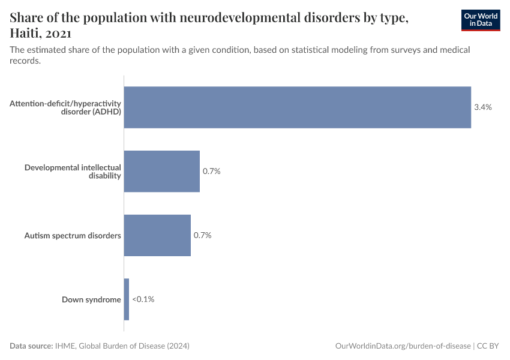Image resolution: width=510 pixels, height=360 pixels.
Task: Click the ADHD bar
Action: (297, 107)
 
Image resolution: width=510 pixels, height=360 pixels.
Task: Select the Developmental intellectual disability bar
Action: (161, 171)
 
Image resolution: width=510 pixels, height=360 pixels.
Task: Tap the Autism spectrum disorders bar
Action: (157, 235)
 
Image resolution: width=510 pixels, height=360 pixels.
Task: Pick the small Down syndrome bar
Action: (127, 299)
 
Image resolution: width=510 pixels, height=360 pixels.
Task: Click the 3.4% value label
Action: (483, 107)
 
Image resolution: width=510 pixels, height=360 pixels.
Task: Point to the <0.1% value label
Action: (143, 299)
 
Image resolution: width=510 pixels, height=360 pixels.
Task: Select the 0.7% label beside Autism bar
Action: (203, 235)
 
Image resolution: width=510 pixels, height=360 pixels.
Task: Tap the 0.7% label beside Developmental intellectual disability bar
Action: (212, 171)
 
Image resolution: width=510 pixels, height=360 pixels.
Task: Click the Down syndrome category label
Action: (91, 299)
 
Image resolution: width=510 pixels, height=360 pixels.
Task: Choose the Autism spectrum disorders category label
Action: (73, 235)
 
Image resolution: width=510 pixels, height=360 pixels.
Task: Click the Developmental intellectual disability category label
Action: (73, 171)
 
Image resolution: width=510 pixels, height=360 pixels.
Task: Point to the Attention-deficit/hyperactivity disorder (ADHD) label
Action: (65, 107)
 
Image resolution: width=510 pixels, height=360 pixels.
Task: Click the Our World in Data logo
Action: (480, 20)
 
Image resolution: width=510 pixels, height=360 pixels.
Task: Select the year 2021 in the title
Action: (59, 34)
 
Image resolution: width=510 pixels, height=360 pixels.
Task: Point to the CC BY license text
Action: (488, 346)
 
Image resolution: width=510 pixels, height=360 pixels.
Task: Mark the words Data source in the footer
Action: (31, 346)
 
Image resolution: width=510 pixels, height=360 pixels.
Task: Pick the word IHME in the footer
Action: (65, 346)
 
